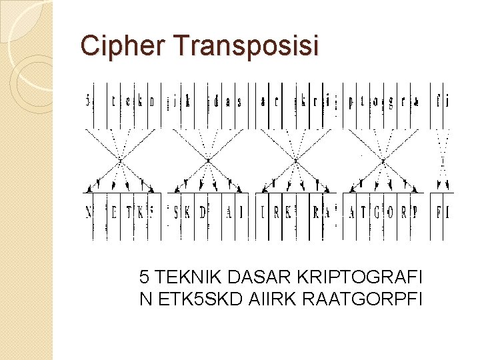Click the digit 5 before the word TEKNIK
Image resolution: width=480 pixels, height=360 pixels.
(x=144, y=276)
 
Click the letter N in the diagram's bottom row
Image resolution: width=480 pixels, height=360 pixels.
(x=89, y=213)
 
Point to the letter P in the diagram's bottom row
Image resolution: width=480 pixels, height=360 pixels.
(x=415, y=213)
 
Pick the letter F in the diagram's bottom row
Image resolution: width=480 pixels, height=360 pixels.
(x=439, y=213)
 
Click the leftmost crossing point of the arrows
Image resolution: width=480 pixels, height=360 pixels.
(x=120, y=160)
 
